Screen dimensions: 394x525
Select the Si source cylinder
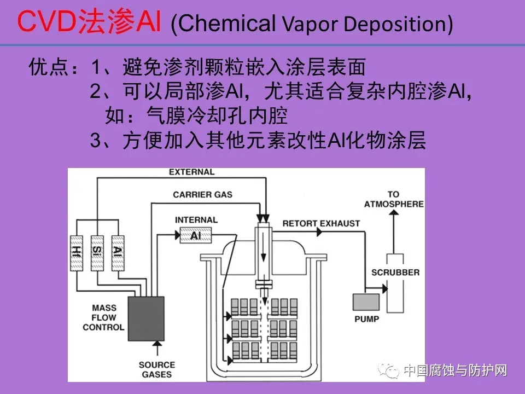(97, 252)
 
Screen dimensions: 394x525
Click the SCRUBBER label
(395, 272)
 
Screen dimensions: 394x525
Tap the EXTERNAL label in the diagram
(191, 172)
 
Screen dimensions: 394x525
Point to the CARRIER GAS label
(202, 194)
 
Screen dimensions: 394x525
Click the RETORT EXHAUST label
(321, 223)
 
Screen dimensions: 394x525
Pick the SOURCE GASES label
(156, 369)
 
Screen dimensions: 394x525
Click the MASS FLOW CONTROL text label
(103, 317)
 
